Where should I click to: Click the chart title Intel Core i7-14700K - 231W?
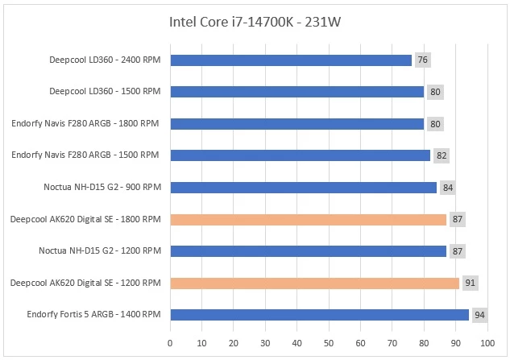click(x=255, y=21)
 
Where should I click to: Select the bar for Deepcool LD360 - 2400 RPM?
click(x=291, y=60)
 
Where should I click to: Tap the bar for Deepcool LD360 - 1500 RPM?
click(x=297, y=92)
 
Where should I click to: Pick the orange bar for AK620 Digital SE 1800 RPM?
click(x=309, y=219)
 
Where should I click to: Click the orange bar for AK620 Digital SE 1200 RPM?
click(x=315, y=283)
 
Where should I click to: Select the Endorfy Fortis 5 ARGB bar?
click(x=320, y=314)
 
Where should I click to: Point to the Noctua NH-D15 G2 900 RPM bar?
click(x=304, y=188)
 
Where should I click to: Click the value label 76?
click(x=423, y=60)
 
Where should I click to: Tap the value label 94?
click(x=480, y=314)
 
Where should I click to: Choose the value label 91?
click(x=471, y=283)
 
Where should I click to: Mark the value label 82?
click(x=442, y=155)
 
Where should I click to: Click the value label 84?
click(x=448, y=188)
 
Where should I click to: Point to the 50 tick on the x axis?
click(x=329, y=343)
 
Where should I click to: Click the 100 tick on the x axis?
click(x=487, y=343)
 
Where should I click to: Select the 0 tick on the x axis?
click(x=170, y=343)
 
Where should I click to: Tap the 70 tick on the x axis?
click(x=392, y=343)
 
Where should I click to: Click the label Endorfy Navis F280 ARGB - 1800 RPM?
click(x=85, y=124)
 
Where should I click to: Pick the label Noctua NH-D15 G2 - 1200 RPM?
click(x=100, y=251)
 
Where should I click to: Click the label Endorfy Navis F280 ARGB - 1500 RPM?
click(x=85, y=155)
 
